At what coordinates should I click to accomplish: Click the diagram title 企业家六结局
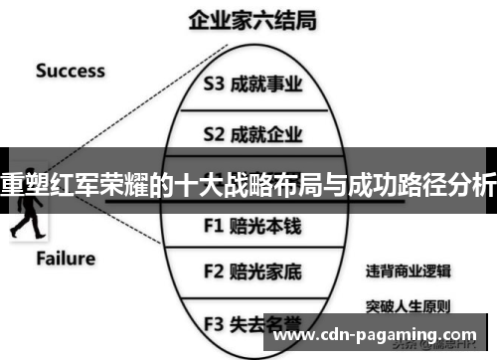click(248, 20)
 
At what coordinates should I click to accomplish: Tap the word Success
click(71, 70)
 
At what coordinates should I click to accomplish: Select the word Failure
click(67, 259)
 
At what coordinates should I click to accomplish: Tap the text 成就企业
click(267, 131)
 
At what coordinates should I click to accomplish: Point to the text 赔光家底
click(267, 270)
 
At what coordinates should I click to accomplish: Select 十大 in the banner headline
click(210, 183)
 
